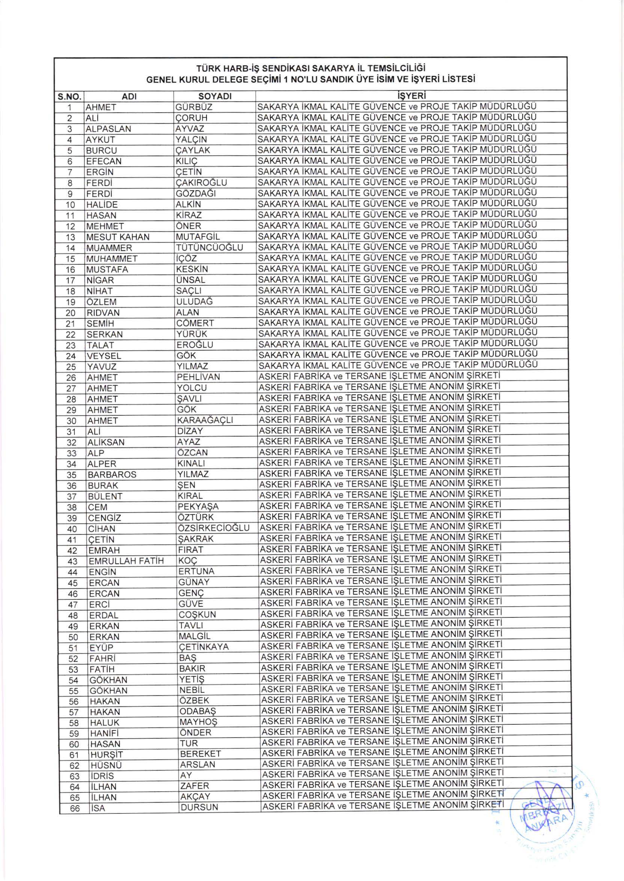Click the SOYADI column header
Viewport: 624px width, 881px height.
coord(214,96)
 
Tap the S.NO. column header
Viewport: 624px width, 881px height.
coord(69,96)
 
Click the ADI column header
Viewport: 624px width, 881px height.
coord(129,97)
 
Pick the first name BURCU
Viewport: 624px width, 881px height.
coord(101,150)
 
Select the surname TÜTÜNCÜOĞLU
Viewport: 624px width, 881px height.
coord(209,247)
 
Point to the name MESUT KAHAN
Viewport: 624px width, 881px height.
coord(118,237)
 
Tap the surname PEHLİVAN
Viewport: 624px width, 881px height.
coord(198,377)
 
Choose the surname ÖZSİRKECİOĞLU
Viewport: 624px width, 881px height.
coord(214,528)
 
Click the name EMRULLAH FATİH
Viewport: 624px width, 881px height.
coord(127,561)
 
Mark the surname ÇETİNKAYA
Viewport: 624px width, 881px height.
coord(203,647)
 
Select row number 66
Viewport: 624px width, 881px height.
coord(75,809)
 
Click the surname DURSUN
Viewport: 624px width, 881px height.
coord(199,807)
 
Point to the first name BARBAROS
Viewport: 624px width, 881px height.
coord(112,475)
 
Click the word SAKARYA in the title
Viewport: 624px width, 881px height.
coord(329,69)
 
